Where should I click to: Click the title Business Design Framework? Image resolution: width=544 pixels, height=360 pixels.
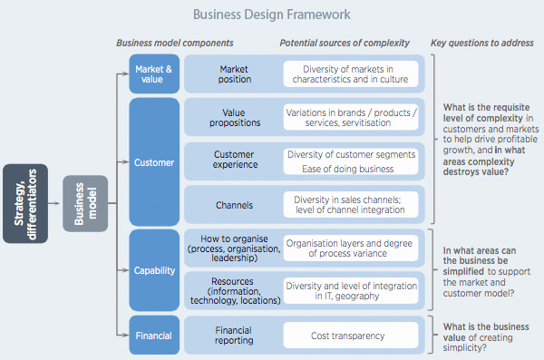(x=272, y=15)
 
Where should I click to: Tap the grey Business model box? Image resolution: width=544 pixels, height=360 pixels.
(x=84, y=203)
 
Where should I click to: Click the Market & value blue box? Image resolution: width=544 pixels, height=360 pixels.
(x=155, y=73)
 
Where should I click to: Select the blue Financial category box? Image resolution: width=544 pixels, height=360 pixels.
(x=155, y=335)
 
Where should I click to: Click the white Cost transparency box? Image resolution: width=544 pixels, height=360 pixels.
(x=351, y=335)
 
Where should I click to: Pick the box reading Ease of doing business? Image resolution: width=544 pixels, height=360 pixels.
(x=351, y=169)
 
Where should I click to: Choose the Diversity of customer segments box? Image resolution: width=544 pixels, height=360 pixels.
(x=351, y=153)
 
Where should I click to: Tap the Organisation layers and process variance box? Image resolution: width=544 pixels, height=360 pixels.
(x=351, y=249)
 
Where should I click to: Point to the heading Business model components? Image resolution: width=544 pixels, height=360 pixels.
(x=175, y=43)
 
